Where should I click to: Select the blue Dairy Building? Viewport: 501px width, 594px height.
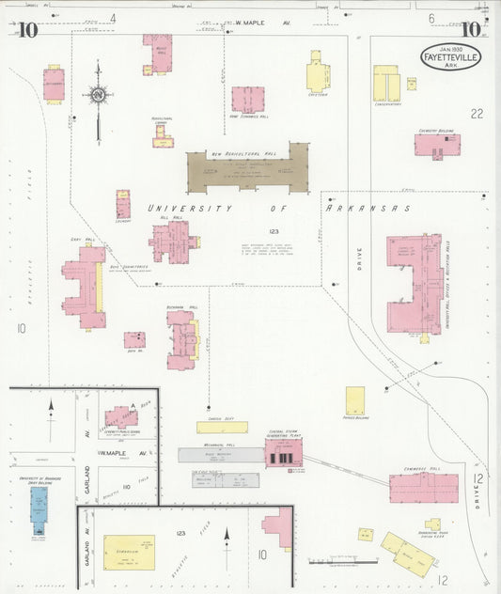[39, 504]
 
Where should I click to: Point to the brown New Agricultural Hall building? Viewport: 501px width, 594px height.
[247, 170]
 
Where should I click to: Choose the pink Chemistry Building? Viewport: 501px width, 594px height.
[437, 145]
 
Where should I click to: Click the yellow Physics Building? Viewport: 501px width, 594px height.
[354, 400]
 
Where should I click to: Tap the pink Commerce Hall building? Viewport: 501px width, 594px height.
[423, 487]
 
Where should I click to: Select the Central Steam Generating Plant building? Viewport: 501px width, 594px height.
[283, 453]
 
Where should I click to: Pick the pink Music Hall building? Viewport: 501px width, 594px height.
[158, 53]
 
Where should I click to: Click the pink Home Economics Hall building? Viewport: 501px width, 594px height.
[247, 99]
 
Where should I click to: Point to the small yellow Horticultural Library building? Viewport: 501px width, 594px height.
[164, 137]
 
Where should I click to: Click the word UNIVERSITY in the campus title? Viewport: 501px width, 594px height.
[189, 208]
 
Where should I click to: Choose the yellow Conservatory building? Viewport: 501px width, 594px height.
[385, 84]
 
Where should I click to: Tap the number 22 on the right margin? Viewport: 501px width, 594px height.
[477, 114]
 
